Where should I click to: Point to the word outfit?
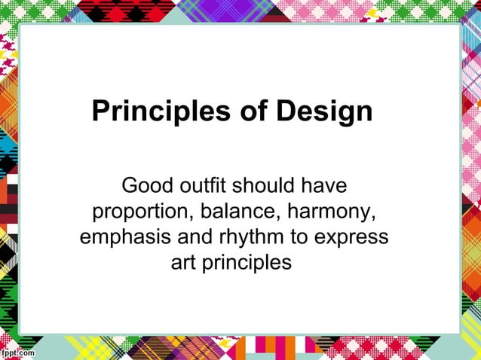click(201, 185)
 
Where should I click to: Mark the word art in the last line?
click(182, 264)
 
